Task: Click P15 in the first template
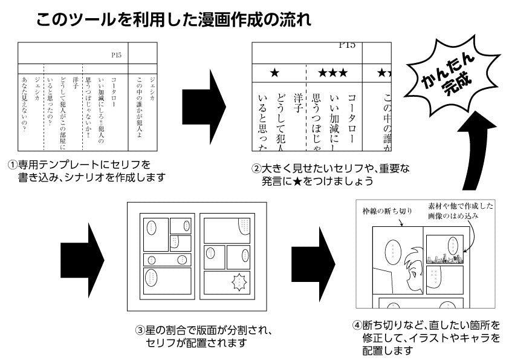point(117,54)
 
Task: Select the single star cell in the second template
point(275,74)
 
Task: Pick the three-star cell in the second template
point(333,74)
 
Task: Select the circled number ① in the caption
point(12,165)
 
